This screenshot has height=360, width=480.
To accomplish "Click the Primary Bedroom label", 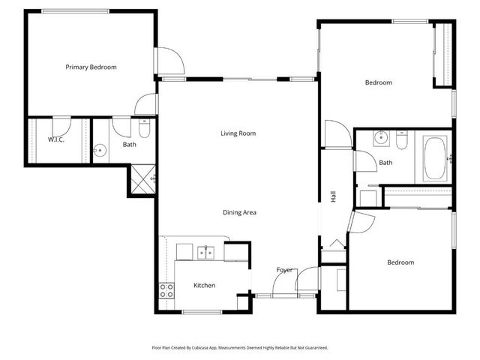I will click(x=91, y=67).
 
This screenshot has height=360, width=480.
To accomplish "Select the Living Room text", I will click(x=238, y=133).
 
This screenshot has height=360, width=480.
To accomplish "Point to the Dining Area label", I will click(x=239, y=212).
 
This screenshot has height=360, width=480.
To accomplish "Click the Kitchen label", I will click(x=205, y=285).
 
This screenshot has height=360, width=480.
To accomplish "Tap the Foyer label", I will click(x=284, y=270).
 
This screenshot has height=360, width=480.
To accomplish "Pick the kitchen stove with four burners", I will click(x=166, y=290).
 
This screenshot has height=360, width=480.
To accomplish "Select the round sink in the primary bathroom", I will click(x=98, y=150).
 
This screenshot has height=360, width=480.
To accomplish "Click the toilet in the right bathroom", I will click(x=402, y=140).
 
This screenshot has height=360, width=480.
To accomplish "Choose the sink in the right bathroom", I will click(x=381, y=138).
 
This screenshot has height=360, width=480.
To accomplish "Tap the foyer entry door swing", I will click(x=286, y=283).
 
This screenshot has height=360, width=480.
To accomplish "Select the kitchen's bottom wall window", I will click(x=200, y=312).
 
